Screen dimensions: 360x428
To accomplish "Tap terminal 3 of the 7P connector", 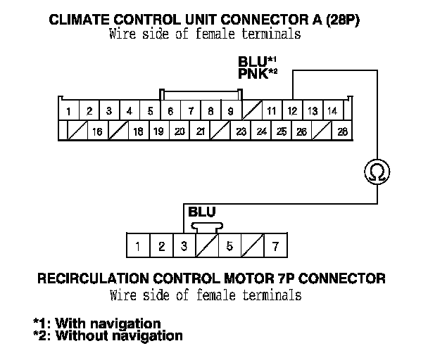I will point(184,246).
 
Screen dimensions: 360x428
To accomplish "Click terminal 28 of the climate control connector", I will point(343,131).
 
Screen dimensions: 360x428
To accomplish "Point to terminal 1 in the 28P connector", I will point(69,111).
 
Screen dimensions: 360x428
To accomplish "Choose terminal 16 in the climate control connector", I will point(96,131).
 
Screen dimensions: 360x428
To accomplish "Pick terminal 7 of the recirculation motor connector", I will point(275,246).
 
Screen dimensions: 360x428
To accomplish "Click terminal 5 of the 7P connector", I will point(229,246).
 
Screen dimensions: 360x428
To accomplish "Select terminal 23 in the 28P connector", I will point(241,131).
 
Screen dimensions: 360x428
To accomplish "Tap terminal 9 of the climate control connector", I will point(231,111).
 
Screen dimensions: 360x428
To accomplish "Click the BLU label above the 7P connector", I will point(202,212).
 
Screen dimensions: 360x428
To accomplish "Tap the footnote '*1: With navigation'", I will point(97,323).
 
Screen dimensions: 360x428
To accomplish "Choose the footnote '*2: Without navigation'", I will point(108,335).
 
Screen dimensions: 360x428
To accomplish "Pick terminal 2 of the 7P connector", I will point(161,246).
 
